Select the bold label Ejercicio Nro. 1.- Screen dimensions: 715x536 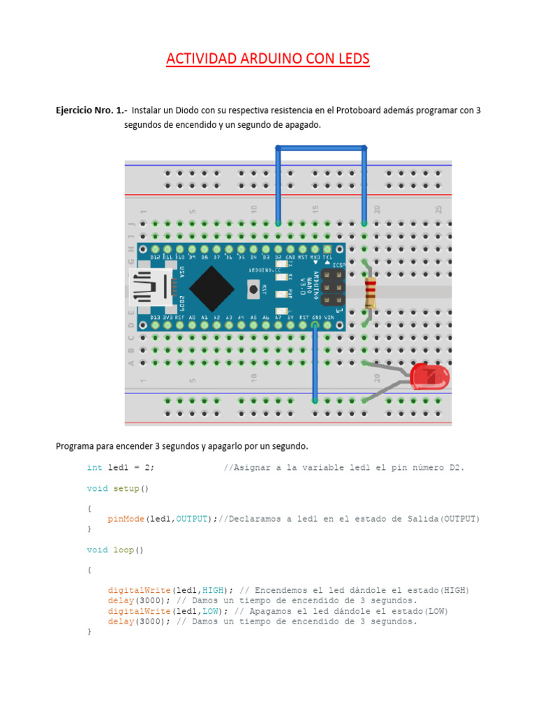91,110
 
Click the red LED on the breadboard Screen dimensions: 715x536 429,377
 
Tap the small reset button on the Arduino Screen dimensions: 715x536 252,287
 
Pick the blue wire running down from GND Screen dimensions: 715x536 315,363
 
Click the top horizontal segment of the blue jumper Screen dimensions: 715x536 321,148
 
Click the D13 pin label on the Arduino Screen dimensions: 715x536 155,318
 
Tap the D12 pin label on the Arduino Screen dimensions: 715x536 155,258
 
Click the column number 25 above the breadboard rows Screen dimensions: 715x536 438,209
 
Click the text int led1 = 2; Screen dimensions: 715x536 121,468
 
